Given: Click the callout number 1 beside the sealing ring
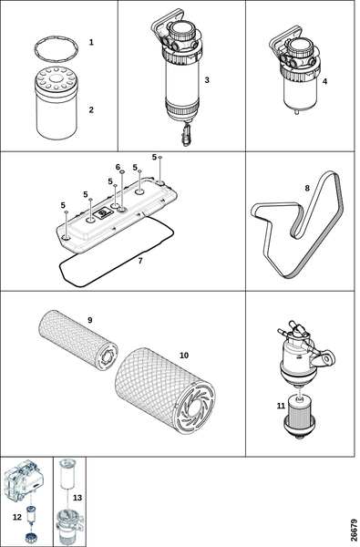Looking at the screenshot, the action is pyautogui.click(x=91, y=42).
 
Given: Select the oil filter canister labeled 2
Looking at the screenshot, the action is pyautogui.click(x=57, y=103).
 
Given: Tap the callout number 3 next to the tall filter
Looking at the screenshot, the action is pyautogui.click(x=207, y=80).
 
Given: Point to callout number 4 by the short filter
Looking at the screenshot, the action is pyautogui.click(x=324, y=81).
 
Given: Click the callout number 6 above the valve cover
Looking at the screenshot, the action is pyautogui.click(x=118, y=167).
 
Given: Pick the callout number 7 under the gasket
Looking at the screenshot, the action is pyautogui.click(x=140, y=261).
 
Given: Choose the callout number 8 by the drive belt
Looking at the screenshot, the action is pyautogui.click(x=307, y=188).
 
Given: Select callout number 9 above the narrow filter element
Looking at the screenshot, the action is pyautogui.click(x=90, y=320).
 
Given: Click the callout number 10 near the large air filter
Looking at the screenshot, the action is pyautogui.click(x=184, y=356).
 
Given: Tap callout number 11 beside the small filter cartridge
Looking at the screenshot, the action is pyautogui.click(x=281, y=406).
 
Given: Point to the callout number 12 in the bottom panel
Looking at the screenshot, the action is pyautogui.click(x=17, y=517).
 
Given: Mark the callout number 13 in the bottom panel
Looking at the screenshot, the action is pyautogui.click(x=77, y=497).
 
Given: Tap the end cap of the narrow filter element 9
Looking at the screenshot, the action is pyautogui.click(x=108, y=356).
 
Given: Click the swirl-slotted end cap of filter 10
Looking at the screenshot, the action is pyautogui.click(x=195, y=408).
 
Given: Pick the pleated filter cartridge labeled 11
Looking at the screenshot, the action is pyautogui.click(x=300, y=416).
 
